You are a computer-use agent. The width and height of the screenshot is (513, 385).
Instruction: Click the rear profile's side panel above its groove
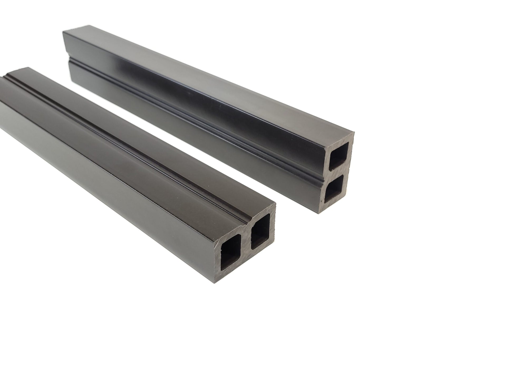(x=185, y=87)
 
